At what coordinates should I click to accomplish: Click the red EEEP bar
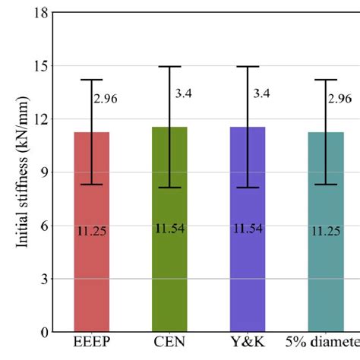click(x=91, y=273)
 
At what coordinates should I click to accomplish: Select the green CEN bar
click(x=169, y=273)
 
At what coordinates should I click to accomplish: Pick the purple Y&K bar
click(x=248, y=273)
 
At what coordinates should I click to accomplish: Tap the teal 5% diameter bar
click(x=325, y=273)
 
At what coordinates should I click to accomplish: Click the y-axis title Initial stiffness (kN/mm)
click(x=22, y=172)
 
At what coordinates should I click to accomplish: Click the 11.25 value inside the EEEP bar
click(x=92, y=231)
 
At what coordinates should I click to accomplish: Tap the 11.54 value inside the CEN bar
click(x=169, y=228)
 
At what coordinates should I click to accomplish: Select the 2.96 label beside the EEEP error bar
click(x=107, y=98)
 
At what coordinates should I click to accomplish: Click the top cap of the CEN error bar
click(x=169, y=67)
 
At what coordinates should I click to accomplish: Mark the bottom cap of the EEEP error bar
click(x=92, y=184)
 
